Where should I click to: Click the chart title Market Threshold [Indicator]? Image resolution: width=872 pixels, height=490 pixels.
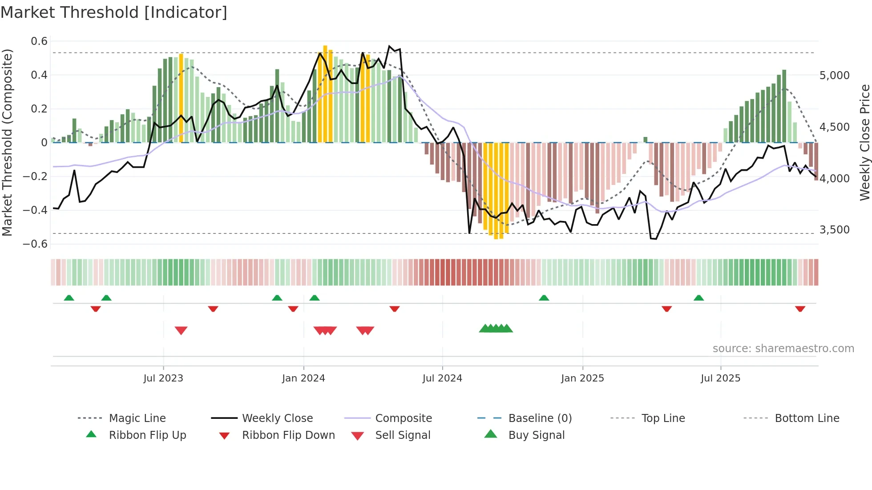pos(114,12)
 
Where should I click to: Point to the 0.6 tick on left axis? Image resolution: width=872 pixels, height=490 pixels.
pos(39,41)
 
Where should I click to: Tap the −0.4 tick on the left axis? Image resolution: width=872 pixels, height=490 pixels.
pos(35,210)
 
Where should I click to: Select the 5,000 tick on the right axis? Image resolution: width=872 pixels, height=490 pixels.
pos(835,76)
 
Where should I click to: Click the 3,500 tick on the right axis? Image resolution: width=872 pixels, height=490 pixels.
pos(835,230)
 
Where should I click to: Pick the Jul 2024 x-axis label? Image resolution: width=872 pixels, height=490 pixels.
pos(442,378)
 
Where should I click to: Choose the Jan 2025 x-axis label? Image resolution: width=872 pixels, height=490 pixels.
pos(582,378)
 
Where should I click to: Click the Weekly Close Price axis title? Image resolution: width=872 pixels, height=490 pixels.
pos(864,142)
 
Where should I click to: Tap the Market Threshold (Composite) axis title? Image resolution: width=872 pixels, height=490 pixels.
pos(7,142)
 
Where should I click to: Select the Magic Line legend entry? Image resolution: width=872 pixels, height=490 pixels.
pos(137,418)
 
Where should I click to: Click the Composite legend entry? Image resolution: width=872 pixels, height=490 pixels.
pos(403,418)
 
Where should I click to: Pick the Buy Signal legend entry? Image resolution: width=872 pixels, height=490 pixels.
pos(536,435)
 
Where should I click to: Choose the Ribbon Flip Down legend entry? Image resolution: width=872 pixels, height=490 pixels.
pos(288,435)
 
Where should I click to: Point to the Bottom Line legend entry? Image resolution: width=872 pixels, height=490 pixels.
pos(807,418)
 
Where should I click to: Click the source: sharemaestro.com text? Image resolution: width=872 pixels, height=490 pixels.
pos(783,349)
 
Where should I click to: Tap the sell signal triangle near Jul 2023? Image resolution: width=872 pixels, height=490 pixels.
pos(181,330)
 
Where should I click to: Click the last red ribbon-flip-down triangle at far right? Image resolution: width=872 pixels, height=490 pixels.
pos(800,309)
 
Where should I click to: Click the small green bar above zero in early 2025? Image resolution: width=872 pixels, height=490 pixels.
pos(646,140)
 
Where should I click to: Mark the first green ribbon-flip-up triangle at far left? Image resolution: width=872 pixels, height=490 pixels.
pos(69,298)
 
